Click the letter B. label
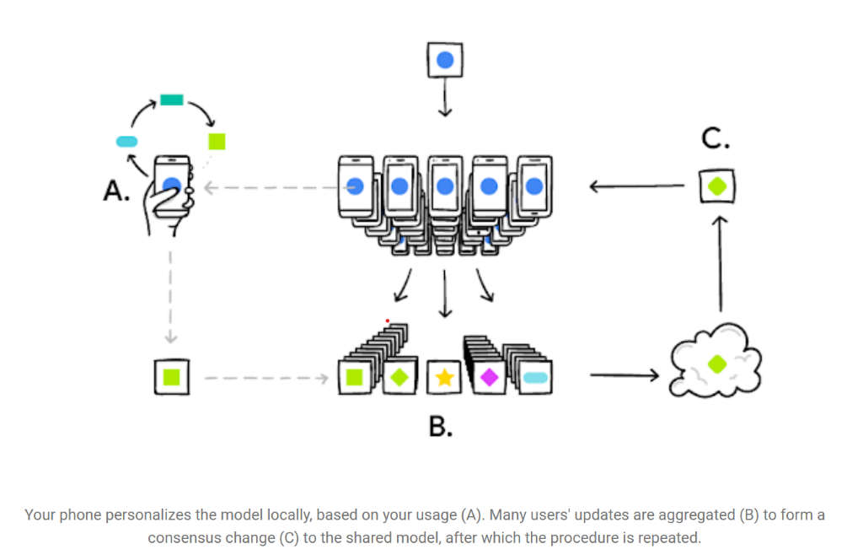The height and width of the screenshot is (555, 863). pyautogui.click(x=441, y=426)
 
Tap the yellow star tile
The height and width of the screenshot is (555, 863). pyautogui.click(x=444, y=377)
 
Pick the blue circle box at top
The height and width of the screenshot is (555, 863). pyautogui.click(x=445, y=61)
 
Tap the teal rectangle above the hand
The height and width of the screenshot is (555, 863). pyautogui.click(x=171, y=100)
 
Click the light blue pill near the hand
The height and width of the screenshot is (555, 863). pyautogui.click(x=127, y=141)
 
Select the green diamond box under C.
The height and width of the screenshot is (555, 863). pyautogui.click(x=716, y=186)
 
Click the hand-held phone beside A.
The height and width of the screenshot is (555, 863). pyautogui.click(x=172, y=186)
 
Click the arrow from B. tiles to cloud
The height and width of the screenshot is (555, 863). pyautogui.click(x=623, y=374)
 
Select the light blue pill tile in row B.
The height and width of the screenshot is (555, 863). pyautogui.click(x=535, y=377)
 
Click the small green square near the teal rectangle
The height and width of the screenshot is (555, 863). pyautogui.click(x=217, y=141)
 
